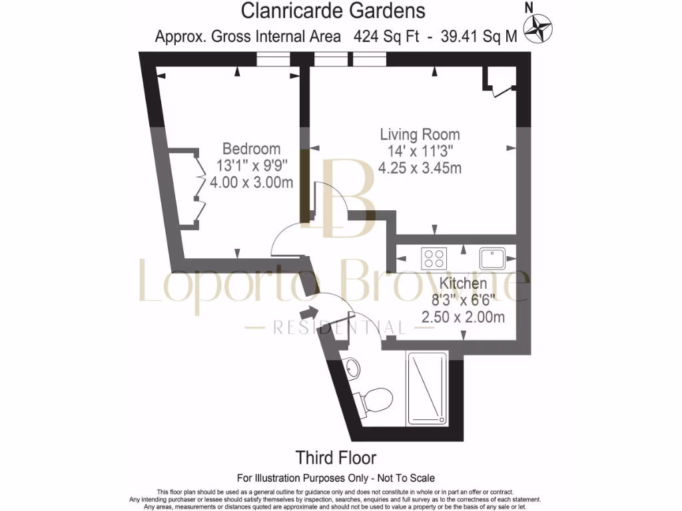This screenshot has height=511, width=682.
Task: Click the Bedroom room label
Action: (251, 148)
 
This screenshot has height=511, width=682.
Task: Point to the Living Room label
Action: (420, 134)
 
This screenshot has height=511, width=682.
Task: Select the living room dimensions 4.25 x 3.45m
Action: (420, 168)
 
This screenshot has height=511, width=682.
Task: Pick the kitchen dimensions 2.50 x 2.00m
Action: (463, 317)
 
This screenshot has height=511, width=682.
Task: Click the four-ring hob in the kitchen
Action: (435, 255)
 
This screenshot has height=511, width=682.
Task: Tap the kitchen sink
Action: (493, 255)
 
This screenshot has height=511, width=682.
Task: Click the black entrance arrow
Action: (309, 311)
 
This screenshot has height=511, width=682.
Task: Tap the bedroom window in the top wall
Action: (273, 61)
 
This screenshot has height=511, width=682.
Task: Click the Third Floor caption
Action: (336, 458)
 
